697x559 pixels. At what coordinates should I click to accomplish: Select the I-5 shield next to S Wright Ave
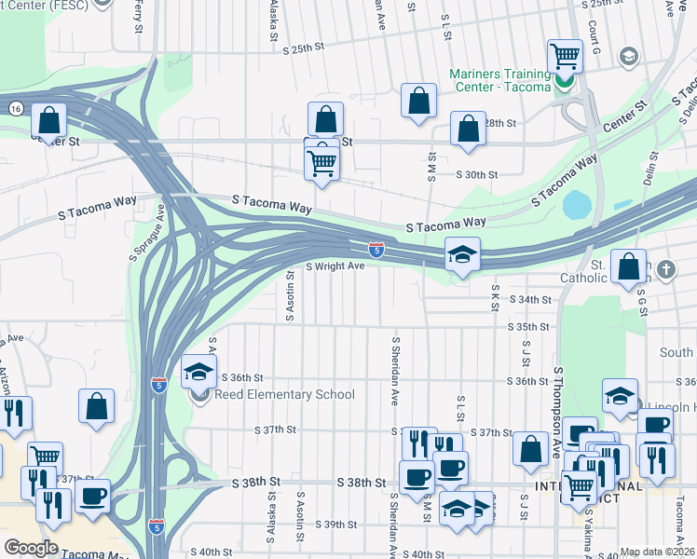pos(375,250)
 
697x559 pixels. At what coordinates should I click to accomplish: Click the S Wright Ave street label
pos(335,266)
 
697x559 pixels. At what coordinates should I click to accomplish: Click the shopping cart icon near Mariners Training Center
pos(565,56)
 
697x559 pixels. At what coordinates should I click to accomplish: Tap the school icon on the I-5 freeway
pos(462,254)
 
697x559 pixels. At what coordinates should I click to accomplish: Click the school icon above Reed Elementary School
pos(198,373)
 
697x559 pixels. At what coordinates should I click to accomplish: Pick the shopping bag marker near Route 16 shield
pos(48,120)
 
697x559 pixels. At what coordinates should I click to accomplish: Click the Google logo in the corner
pos(30,548)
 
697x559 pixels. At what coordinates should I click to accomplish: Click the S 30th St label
pos(477,174)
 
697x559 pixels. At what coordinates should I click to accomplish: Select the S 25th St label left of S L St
pos(307,48)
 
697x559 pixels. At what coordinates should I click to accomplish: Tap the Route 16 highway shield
pos(15,108)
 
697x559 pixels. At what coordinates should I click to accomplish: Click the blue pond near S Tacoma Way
pos(577,203)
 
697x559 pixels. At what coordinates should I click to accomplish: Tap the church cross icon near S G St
pos(665,270)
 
